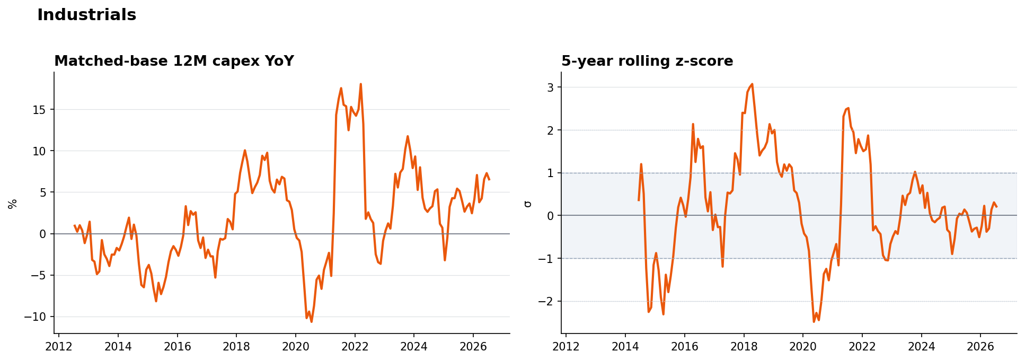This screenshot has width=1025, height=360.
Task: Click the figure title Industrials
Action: coord(86,15)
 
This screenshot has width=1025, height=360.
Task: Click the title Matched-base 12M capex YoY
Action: coord(174,62)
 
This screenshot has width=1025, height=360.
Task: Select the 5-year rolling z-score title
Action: coord(647,62)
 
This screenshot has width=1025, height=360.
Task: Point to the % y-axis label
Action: coord(13,204)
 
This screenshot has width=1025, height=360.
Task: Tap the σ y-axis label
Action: coord(527,204)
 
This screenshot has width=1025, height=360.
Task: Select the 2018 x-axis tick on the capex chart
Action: coord(236,346)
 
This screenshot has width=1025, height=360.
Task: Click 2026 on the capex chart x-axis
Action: coord(473,346)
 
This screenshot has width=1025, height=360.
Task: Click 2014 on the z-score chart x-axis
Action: coord(625,346)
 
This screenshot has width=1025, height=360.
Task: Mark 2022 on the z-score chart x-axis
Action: coord(862,346)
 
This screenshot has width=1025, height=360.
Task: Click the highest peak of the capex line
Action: coord(360,84)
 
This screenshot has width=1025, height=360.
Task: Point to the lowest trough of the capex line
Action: coord(311,321)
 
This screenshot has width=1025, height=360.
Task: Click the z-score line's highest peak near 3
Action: coord(752,84)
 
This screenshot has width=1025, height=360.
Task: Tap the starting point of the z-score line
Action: coord(639,200)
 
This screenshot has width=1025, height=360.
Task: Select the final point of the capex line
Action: coord(489,179)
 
